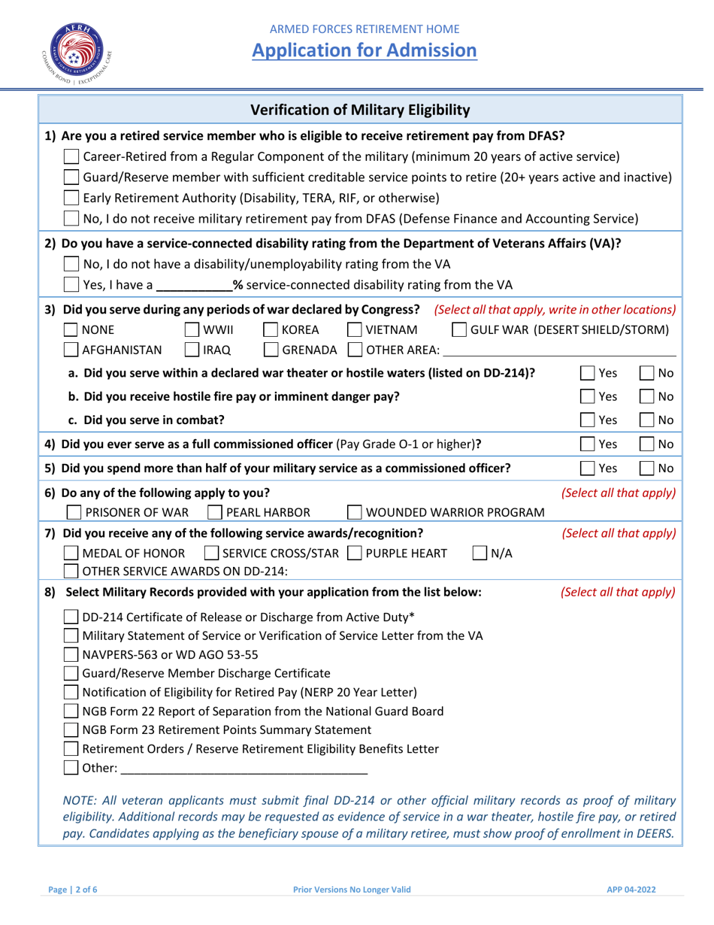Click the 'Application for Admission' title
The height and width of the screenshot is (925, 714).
click(364, 50)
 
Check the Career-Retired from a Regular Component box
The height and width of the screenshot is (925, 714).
click(71, 157)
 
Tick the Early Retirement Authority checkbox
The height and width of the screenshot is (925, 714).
click(71, 199)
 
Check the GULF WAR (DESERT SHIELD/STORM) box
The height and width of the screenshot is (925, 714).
click(459, 330)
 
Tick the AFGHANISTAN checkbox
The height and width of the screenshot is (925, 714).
click(71, 350)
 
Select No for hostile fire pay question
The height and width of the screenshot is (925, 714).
click(647, 396)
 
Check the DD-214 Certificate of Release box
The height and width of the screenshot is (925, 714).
click(71, 617)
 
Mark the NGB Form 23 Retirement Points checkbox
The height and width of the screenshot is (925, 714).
click(71, 729)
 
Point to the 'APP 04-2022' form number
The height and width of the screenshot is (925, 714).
click(631, 889)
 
